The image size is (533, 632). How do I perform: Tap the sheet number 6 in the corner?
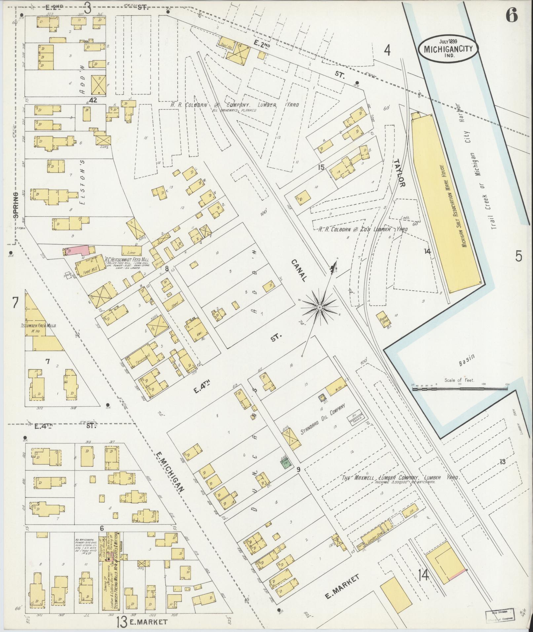coord(511,16)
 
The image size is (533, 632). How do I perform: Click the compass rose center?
coord(320,308)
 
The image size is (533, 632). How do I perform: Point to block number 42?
coord(93,101)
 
